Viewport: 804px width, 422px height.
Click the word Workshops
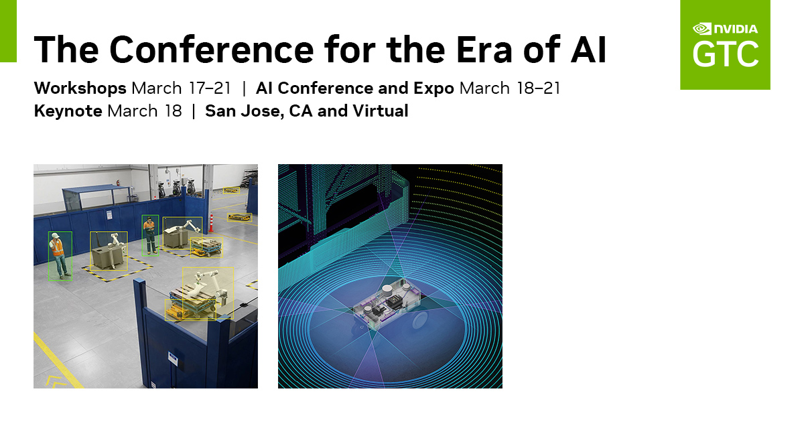[80, 88]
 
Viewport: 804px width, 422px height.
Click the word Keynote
[68, 111]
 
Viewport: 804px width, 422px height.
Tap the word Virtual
[381, 111]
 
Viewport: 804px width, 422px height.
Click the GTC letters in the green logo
[726, 54]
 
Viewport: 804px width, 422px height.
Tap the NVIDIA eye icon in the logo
[701, 29]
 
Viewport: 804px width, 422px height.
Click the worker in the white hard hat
[59, 255]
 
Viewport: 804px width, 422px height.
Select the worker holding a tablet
[149, 235]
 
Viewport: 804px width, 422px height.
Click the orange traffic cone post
[212, 223]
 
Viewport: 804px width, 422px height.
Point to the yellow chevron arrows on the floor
[56, 382]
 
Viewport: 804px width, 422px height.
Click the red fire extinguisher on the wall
[117, 183]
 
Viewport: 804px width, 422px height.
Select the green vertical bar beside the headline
[8, 31]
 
